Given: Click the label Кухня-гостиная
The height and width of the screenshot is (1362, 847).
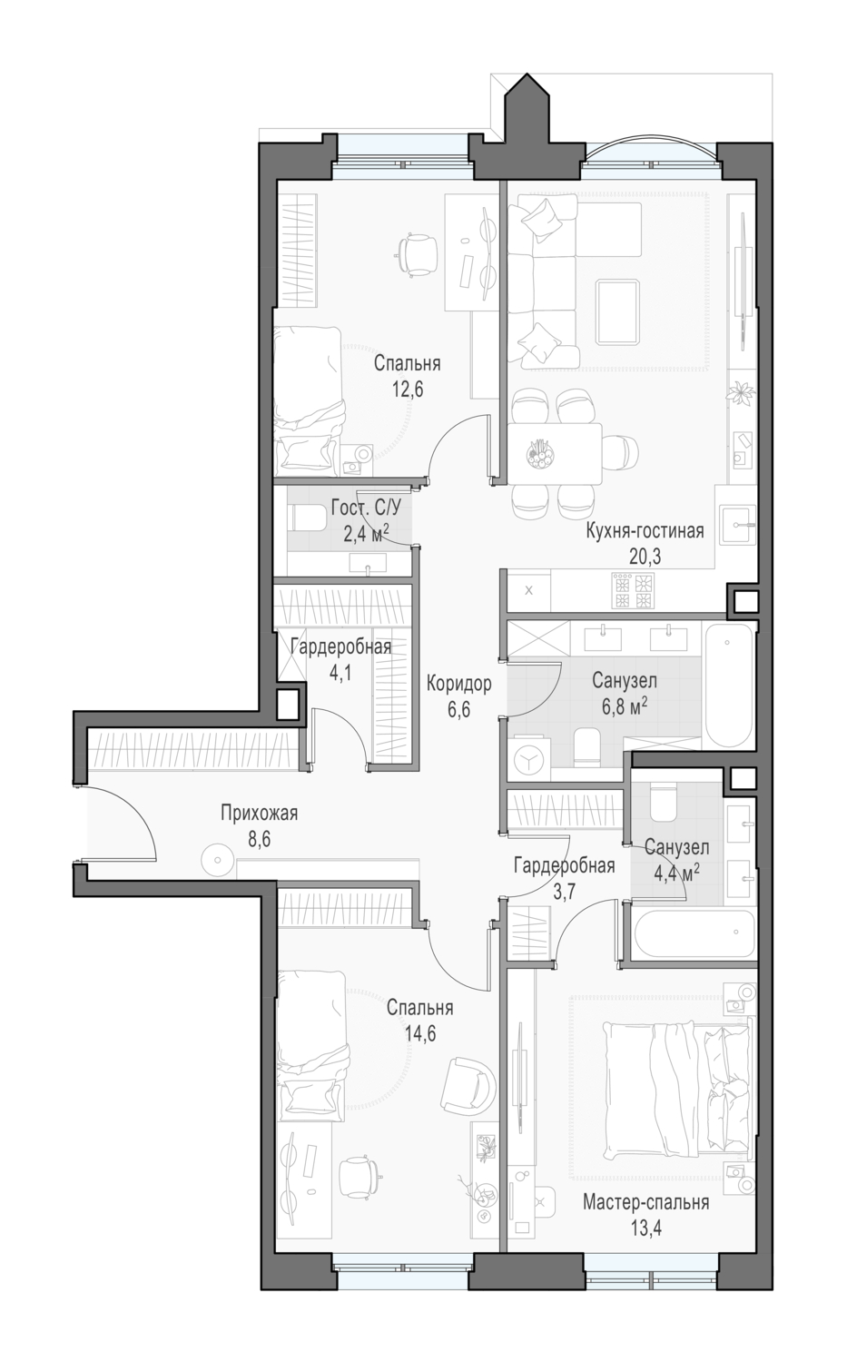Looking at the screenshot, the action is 645,531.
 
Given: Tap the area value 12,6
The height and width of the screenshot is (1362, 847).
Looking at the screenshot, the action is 408,390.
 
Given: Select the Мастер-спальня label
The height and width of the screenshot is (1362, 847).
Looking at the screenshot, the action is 645,1203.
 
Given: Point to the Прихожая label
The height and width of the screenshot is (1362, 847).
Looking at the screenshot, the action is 259,813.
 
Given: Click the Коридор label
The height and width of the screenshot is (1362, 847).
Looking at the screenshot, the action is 458,684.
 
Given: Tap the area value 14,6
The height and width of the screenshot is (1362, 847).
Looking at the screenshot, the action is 420,1033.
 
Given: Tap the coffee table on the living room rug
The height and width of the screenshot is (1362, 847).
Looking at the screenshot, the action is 617,311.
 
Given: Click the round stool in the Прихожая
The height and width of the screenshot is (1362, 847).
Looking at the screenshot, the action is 218,859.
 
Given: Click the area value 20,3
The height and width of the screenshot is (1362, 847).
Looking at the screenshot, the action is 645,557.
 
